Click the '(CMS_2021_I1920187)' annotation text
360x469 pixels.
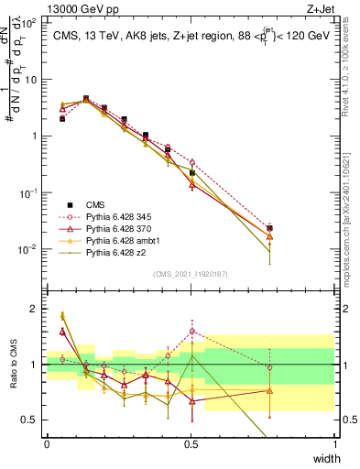(x=191, y=273)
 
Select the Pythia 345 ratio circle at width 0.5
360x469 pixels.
(x=191, y=332)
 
